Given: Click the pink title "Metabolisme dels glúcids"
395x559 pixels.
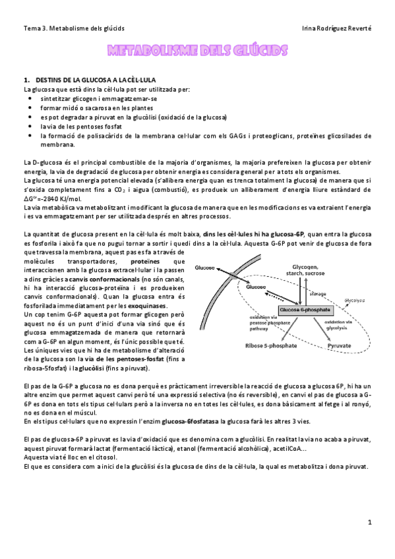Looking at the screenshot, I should click(x=197, y=51).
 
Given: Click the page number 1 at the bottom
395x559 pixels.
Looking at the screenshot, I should click(x=371, y=522).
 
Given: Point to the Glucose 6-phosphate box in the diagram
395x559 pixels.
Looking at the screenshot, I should click(x=303, y=309).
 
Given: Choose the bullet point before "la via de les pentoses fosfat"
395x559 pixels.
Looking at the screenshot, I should click(x=30, y=127).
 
